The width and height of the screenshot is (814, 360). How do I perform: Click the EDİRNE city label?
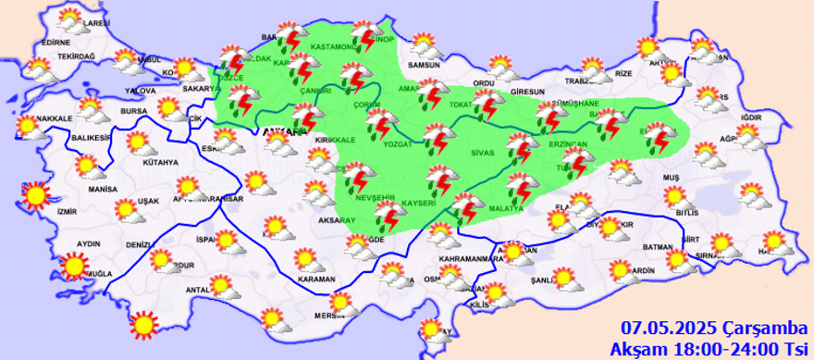coord(56,42)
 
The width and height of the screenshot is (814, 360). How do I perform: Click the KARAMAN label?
coord(317,279)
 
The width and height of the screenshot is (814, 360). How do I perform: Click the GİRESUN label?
coord(526,91)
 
